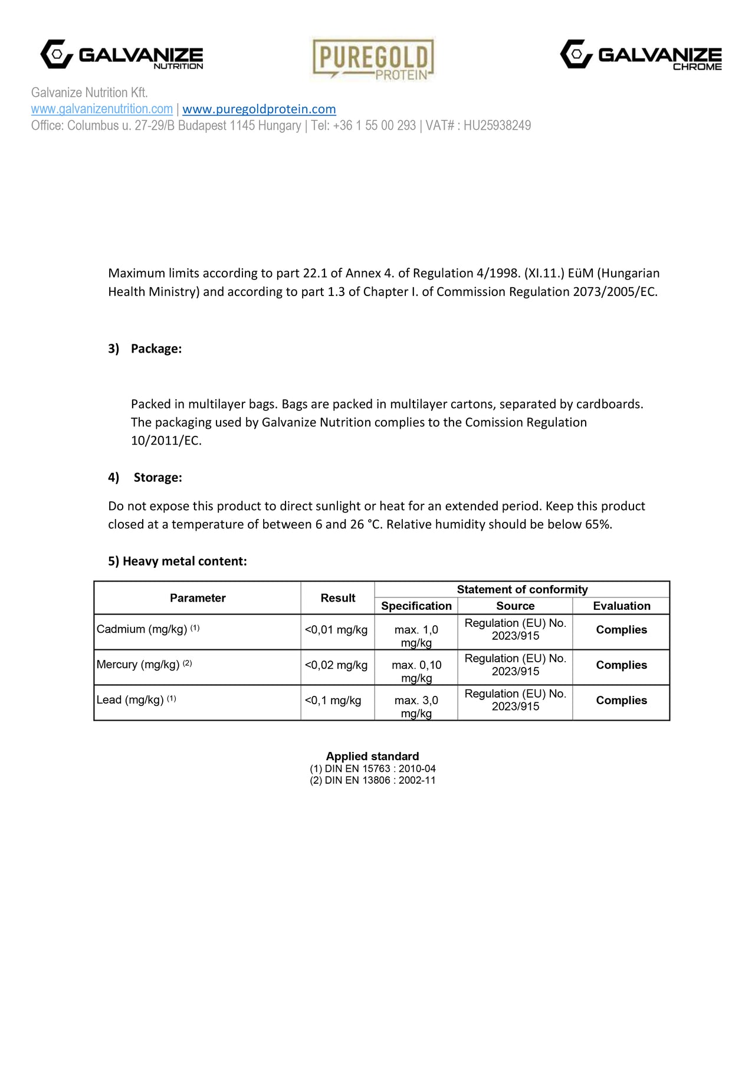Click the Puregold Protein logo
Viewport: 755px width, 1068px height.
373,59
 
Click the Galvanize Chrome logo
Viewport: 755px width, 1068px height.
641,55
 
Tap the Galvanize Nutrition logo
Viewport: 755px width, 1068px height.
122,55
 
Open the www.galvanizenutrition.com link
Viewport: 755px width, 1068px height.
102,109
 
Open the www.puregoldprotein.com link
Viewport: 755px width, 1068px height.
259,109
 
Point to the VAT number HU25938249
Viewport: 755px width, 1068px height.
497,126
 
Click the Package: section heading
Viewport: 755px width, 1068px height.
156,349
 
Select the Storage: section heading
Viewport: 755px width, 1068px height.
157,477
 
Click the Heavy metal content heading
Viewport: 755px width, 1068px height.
178,561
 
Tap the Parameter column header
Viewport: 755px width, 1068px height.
198,598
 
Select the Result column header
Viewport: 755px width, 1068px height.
337,598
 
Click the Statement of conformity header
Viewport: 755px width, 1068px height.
522,589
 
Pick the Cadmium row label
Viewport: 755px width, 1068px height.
148,629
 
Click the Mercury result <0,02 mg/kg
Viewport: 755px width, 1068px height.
336,665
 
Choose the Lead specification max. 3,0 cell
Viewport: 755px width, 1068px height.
416,706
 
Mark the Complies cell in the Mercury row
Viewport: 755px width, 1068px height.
621,665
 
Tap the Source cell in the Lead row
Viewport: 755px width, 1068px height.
515,700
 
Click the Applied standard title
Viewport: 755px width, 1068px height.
372,756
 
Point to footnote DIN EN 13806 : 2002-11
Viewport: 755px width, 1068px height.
373,780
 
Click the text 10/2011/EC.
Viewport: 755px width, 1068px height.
166,441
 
